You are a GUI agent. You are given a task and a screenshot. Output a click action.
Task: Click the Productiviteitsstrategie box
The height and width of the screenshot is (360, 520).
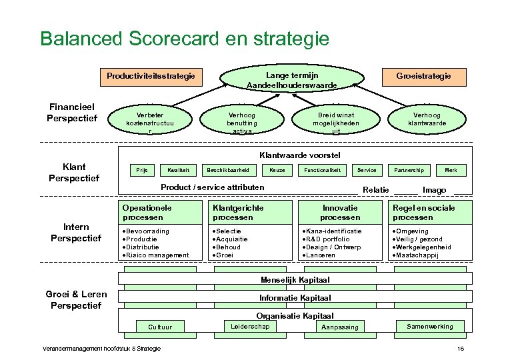click(x=151, y=76)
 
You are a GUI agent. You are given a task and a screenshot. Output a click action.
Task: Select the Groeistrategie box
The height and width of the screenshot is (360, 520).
click(x=423, y=76)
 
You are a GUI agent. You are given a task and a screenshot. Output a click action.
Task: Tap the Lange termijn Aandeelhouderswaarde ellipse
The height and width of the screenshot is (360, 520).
click(x=291, y=81)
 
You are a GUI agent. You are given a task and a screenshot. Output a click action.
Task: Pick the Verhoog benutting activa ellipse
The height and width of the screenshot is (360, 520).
click(x=242, y=119)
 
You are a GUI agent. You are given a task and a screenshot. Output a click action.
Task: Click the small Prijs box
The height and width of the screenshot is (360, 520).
click(x=141, y=170)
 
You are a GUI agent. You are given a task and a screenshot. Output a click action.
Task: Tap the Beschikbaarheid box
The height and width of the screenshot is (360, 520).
click(x=228, y=170)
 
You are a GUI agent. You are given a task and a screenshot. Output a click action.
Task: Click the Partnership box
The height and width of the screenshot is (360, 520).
click(x=409, y=170)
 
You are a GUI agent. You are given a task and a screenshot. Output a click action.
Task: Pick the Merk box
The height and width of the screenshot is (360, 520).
click(x=451, y=170)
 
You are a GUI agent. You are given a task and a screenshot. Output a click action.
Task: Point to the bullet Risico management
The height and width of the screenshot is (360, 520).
click(x=157, y=255)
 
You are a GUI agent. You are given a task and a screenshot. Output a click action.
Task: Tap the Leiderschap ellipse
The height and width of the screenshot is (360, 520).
click(x=250, y=326)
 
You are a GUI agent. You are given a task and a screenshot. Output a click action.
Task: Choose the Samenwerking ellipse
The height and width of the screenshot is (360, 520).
click(x=429, y=326)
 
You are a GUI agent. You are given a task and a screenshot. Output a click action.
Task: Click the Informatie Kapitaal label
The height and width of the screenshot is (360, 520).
click(x=295, y=297)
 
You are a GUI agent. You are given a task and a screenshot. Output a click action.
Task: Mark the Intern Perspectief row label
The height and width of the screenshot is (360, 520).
click(x=75, y=233)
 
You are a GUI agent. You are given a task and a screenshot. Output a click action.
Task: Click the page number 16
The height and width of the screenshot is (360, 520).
click(x=460, y=349)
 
